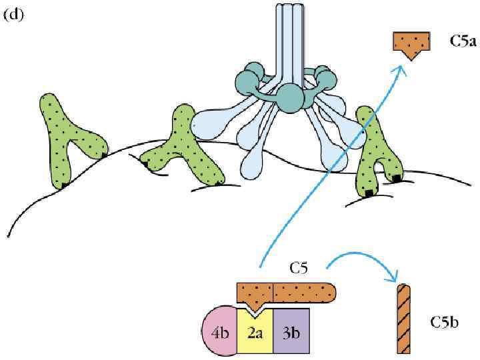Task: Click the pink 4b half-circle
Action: click(219, 332)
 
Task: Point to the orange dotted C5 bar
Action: click(287, 293)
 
